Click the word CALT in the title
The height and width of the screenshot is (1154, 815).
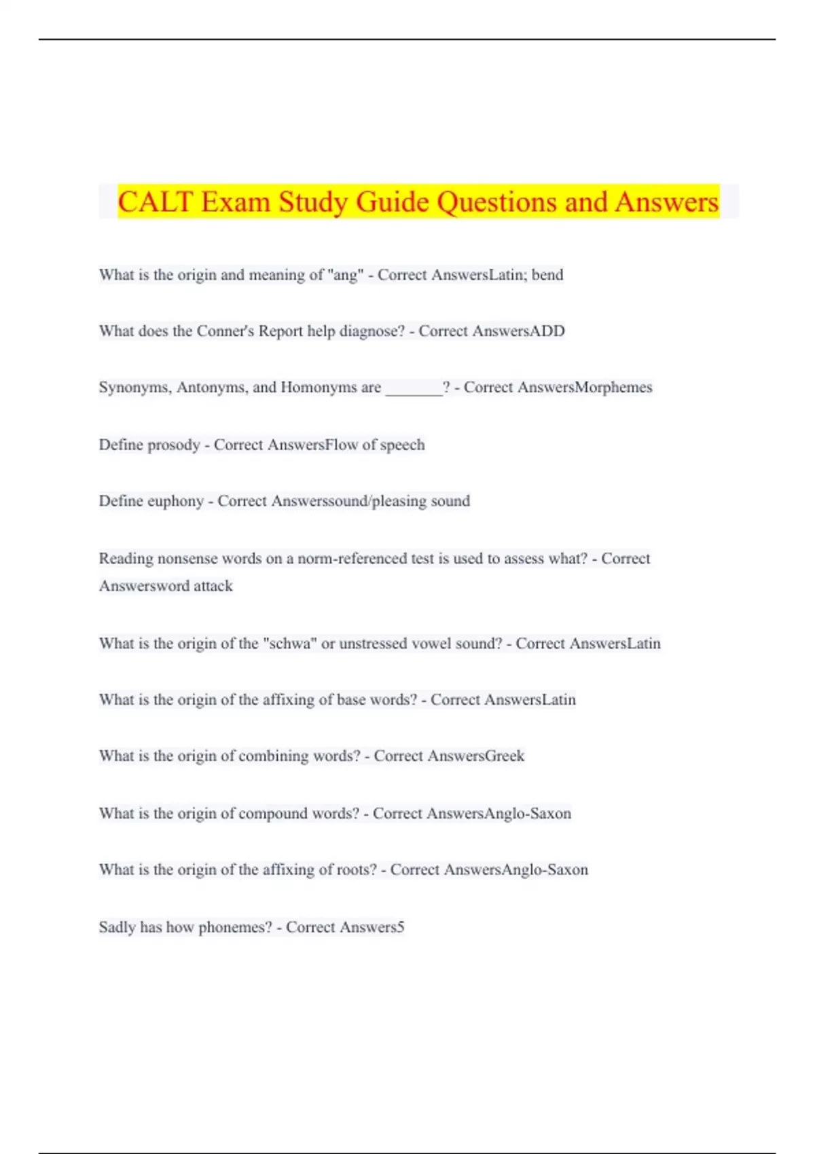(x=155, y=202)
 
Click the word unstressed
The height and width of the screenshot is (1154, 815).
(x=376, y=644)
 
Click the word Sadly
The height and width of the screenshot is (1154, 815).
(x=117, y=927)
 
